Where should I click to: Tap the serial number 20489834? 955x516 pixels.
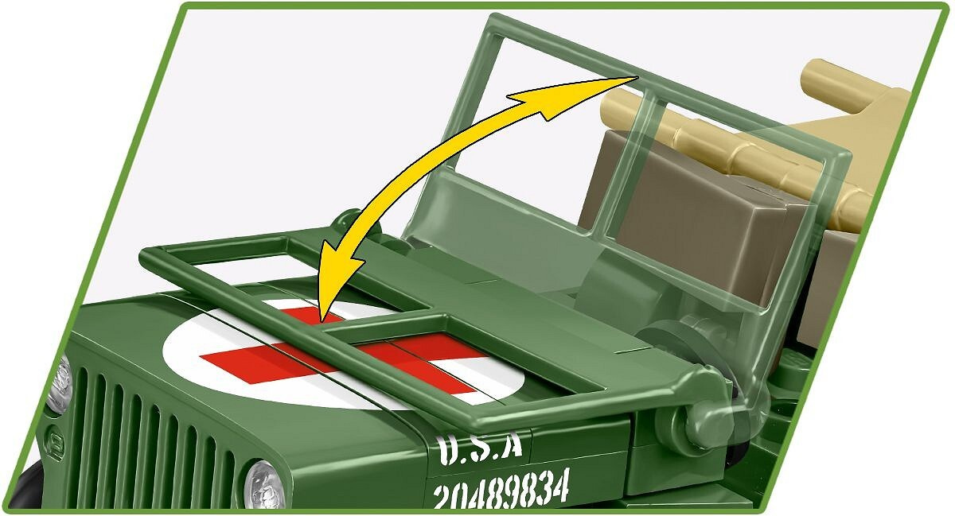point(501,489)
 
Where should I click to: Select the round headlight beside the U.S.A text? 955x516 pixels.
point(263,485)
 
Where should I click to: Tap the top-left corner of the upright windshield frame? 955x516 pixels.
point(494,18)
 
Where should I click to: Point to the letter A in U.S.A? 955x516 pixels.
point(510,448)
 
